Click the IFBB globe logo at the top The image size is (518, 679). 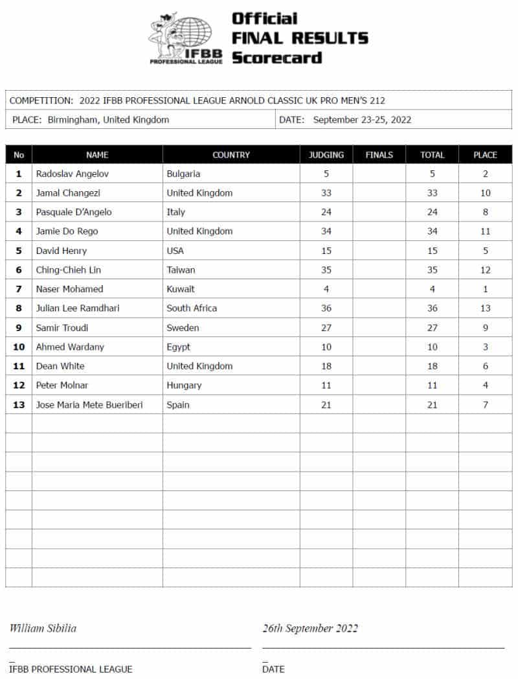[186, 37]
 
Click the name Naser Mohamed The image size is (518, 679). [69, 289]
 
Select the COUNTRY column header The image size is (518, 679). [231, 155]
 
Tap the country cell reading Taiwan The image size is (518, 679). [181, 270]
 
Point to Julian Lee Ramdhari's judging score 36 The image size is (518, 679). [326, 308]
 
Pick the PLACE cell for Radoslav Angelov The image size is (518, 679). [485, 174]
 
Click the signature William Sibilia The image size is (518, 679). [43, 628]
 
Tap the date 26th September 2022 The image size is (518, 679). [310, 628]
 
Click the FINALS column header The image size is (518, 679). [379, 155]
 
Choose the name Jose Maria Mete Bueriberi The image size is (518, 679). [89, 405]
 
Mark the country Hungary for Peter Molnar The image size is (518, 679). [184, 386]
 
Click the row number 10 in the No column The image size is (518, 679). [19, 347]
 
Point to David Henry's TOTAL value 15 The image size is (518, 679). [432, 251]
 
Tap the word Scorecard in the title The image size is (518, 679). [276, 58]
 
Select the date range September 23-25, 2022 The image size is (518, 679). [362, 120]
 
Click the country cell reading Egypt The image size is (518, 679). [179, 347]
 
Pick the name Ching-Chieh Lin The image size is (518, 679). [69, 270]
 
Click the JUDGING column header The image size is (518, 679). [326, 155]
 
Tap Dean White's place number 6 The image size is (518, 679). [485, 366]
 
